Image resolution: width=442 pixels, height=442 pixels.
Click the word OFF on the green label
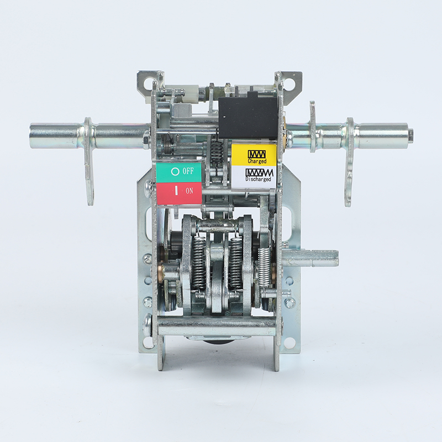pyautogui.click(x=188, y=171)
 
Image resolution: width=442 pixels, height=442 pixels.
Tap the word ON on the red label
pyautogui.click(x=190, y=191)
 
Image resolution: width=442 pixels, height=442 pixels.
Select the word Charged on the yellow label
pyautogui.click(x=257, y=161)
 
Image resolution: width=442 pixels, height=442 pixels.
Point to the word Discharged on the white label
pyautogui.click(x=258, y=178)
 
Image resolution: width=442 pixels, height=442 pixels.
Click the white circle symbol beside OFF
pyautogui.click(x=175, y=171)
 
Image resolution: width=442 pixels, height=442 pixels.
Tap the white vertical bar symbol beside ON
pyautogui.click(x=176, y=191)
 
